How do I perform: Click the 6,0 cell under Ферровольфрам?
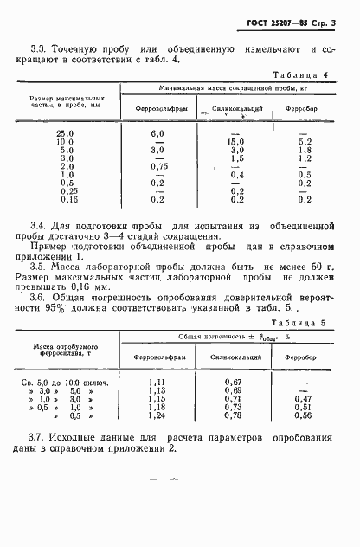(157, 133)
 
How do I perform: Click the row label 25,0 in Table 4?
(66, 133)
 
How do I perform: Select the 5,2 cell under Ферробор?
(304, 141)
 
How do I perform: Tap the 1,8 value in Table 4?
(304, 150)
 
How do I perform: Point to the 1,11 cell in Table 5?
(157, 381)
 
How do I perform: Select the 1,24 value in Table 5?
(157, 415)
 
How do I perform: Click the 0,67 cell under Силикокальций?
(231, 381)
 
